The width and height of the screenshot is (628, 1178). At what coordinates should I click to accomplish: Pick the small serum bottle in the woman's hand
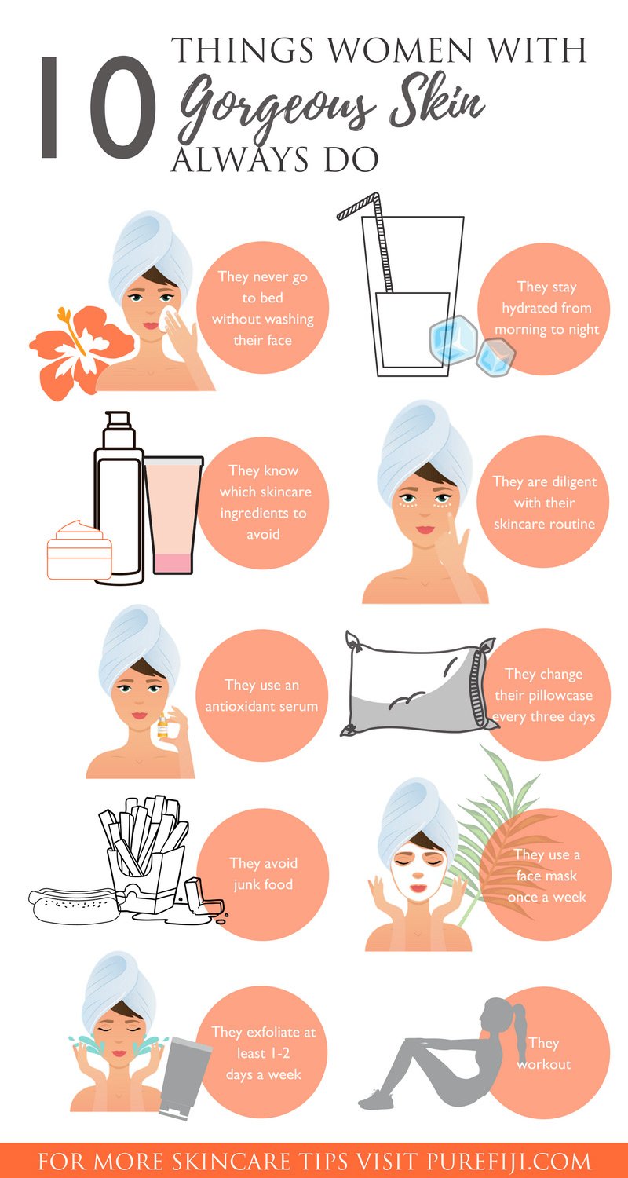point(164,726)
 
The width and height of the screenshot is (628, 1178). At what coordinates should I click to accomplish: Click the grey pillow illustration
point(418,684)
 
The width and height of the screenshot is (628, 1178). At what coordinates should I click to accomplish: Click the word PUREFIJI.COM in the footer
point(509,1161)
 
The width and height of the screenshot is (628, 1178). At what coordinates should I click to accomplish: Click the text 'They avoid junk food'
point(263,873)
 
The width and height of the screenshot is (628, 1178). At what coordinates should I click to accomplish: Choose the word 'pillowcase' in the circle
point(543,696)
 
